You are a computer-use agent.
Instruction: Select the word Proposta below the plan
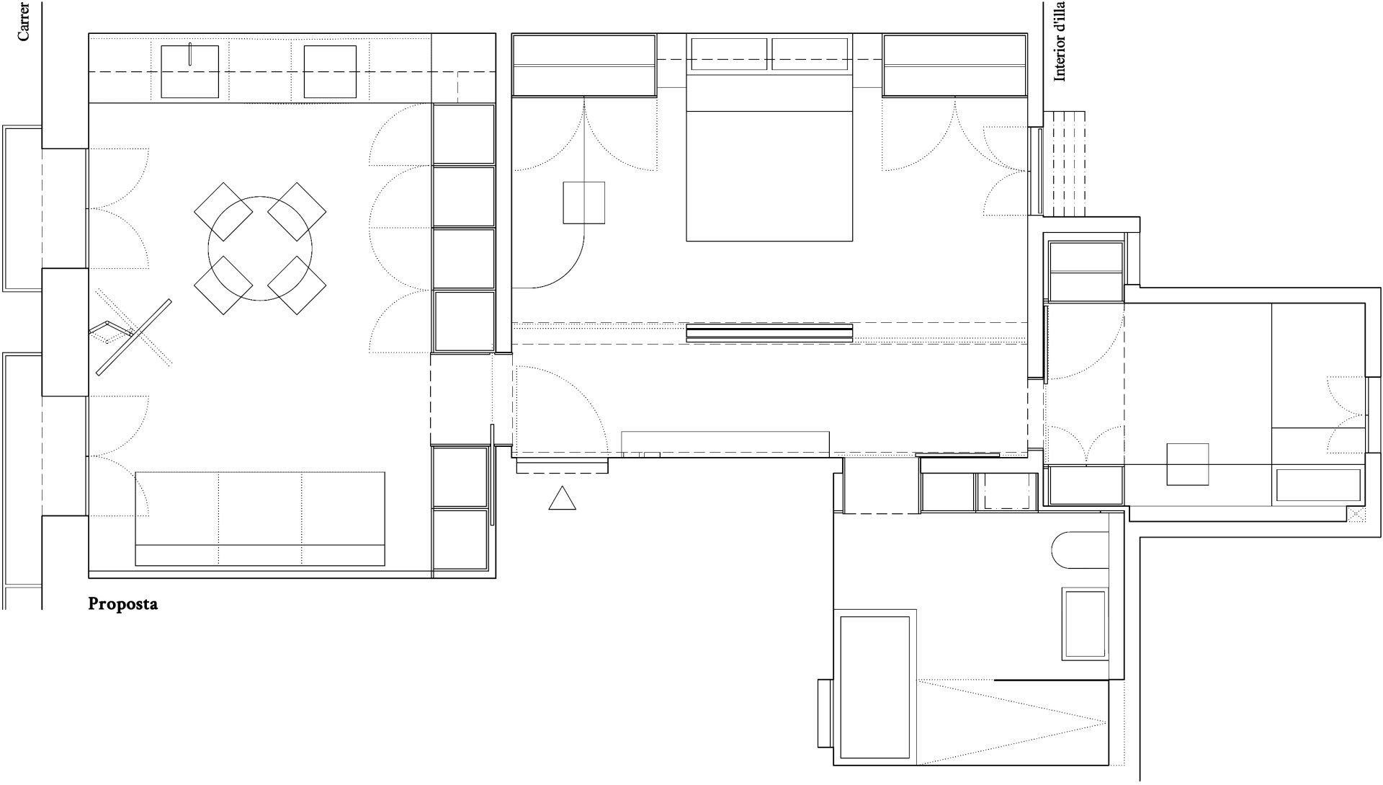tap(122, 604)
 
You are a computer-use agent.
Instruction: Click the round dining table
tap(260, 249)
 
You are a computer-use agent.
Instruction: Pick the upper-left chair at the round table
tap(223, 211)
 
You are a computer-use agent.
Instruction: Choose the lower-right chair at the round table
tap(297, 285)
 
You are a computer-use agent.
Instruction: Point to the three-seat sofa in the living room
tap(259, 518)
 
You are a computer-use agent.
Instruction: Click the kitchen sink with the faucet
tap(189, 71)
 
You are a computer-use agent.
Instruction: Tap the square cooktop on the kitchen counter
tap(331, 71)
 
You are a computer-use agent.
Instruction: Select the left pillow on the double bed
tap(729, 54)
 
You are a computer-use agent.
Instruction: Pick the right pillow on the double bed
tap(810, 54)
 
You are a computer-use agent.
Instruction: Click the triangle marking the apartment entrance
tap(562, 498)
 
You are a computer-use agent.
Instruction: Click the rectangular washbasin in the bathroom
tap(1085, 624)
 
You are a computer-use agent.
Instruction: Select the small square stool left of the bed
tap(583, 203)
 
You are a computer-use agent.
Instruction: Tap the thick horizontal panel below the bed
tap(769, 333)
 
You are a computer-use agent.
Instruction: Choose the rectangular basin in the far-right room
tap(1318, 485)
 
